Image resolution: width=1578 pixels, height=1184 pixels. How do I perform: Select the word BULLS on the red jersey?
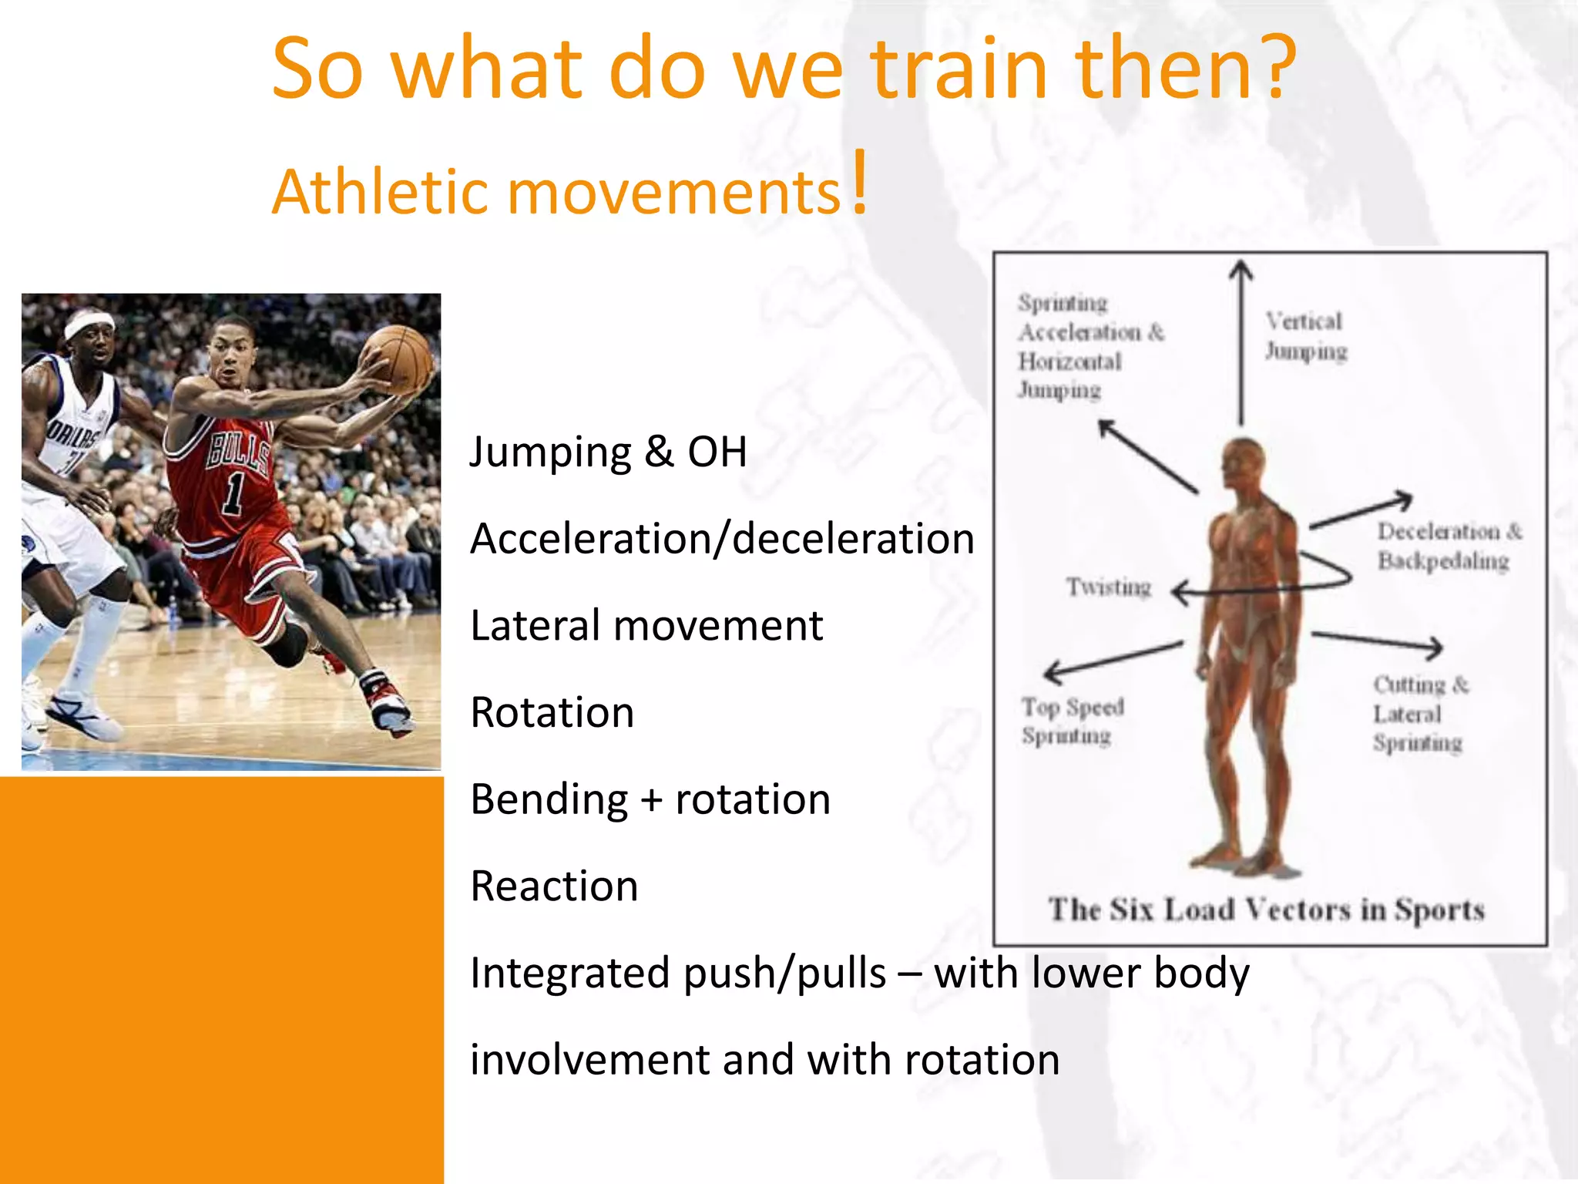pyautogui.click(x=239, y=451)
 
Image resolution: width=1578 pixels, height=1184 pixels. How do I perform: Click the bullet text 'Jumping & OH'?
pyautogui.click(x=608, y=452)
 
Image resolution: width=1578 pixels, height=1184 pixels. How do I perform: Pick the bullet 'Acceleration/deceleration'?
pyautogui.click(x=722, y=538)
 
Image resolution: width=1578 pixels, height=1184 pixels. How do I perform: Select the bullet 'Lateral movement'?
pyautogui.click(x=646, y=625)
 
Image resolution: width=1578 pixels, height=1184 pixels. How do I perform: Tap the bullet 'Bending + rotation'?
pyautogui.click(x=650, y=799)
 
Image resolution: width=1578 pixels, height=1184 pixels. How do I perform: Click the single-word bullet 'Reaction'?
pyautogui.click(x=554, y=886)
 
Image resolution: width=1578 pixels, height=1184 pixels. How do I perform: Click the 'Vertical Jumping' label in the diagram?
pyautogui.click(x=1305, y=336)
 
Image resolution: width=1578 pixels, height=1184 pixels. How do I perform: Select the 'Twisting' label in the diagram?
pyautogui.click(x=1108, y=587)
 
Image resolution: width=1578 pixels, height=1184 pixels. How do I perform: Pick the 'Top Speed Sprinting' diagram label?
pyautogui.click(x=1072, y=721)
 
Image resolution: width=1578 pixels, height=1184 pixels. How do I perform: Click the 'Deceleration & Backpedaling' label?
pyautogui.click(x=1448, y=546)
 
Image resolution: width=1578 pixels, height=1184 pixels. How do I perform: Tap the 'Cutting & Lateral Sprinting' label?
pyautogui.click(x=1419, y=714)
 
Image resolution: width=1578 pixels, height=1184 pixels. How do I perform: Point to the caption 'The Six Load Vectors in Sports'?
pyautogui.click(x=1266, y=910)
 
